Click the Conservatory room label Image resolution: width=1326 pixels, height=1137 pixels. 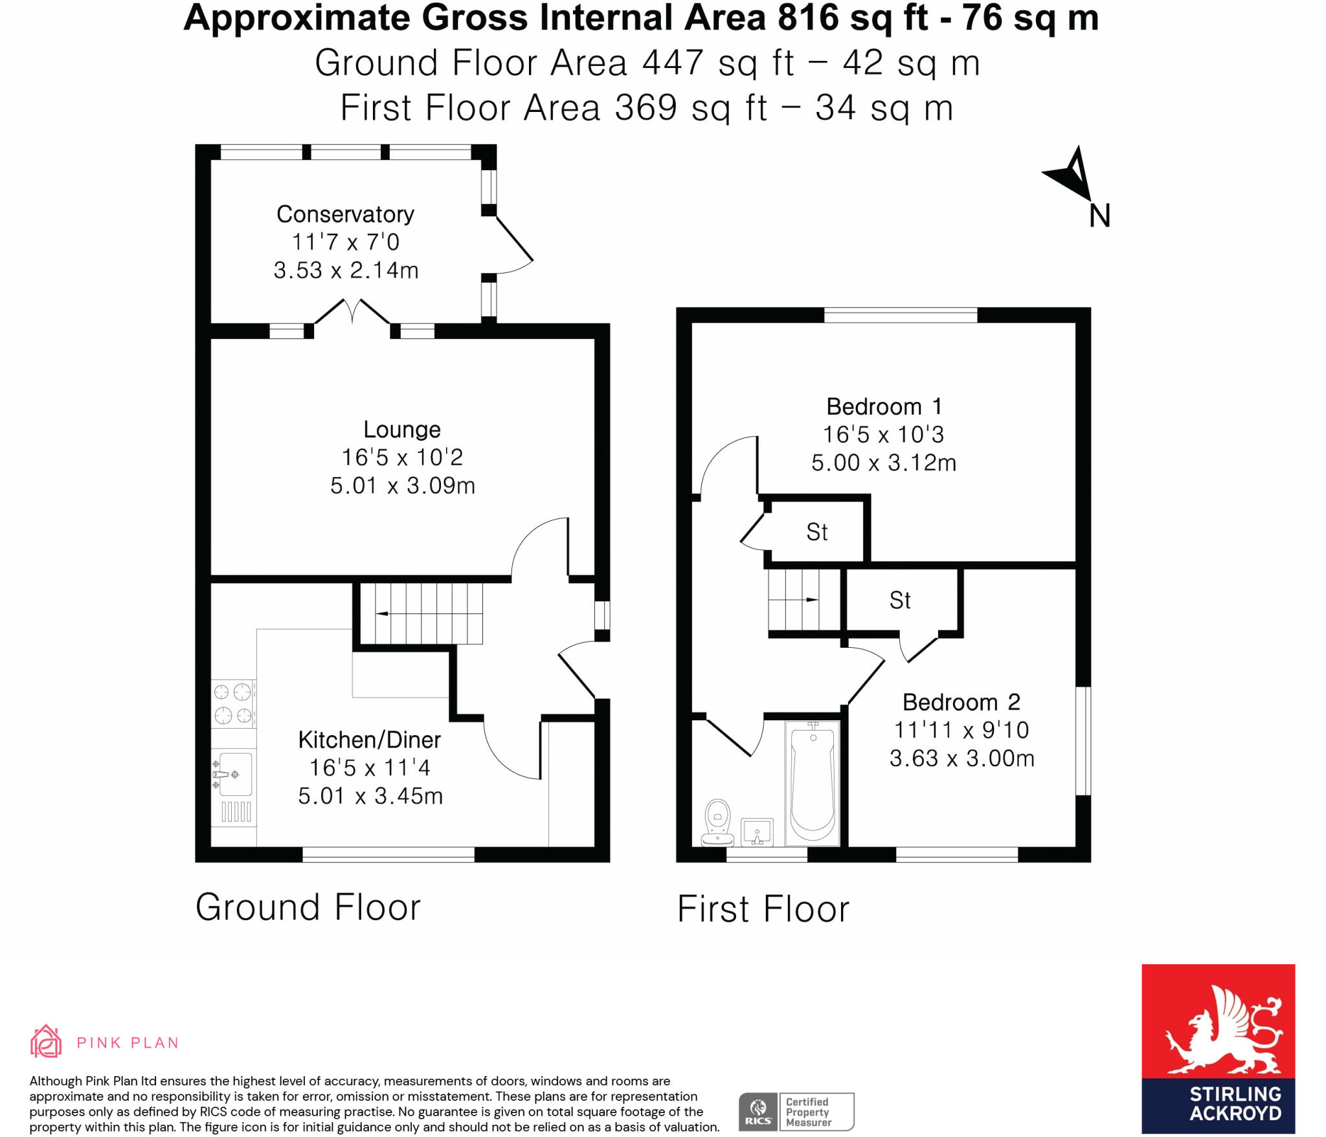point(345,214)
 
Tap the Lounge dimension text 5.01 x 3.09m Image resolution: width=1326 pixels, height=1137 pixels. point(402,485)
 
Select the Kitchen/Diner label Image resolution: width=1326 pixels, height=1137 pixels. point(369,740)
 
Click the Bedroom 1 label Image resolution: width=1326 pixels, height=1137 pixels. point(884,406)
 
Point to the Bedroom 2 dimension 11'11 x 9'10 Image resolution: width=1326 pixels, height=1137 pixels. point(961,730)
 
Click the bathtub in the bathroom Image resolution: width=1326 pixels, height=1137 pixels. point(812,784)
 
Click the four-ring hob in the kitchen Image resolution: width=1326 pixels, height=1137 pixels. point(233,703)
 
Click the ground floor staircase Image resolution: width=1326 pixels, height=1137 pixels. point(421,613)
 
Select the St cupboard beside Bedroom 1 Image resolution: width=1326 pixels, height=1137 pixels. point(816,532)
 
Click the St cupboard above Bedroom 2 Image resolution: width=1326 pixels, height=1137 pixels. point(900,601)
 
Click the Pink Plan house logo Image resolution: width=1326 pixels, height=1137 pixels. point(46,1042)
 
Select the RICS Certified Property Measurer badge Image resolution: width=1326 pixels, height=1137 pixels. point(796,1112)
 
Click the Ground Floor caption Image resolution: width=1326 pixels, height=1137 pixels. point(308,907)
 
